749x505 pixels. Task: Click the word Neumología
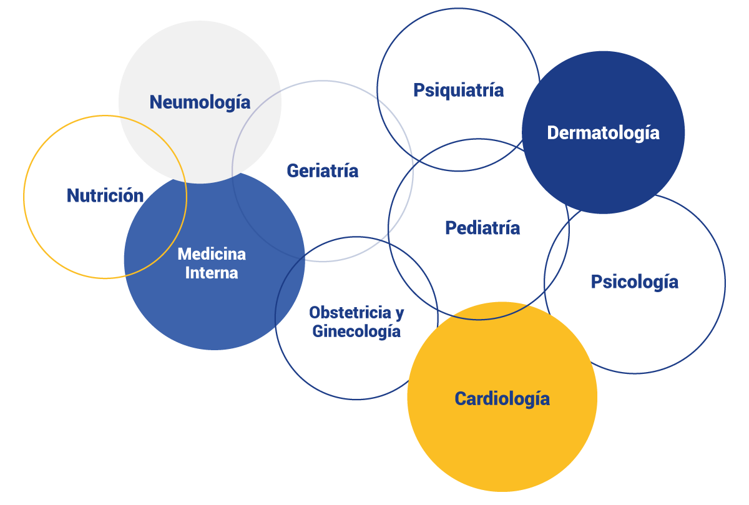(x=200, y=102)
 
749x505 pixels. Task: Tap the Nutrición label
(x=105, y=196)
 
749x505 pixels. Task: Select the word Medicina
(x=212, y=254)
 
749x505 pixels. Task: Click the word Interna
(x=212, y=273)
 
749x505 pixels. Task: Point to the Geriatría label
(x=322, y=170)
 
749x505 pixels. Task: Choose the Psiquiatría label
(x=458, y=91)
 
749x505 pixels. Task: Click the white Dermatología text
(x=603, y=132)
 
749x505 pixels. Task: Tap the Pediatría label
(x=482, y=228)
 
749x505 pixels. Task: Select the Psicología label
(x=634, y=282)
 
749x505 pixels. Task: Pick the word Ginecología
(x=356, y=331)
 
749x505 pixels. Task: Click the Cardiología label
(x=502, y=398)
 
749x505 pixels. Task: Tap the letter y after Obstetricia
(x=399, y=313)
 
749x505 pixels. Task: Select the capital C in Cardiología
(x=460, y=398)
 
